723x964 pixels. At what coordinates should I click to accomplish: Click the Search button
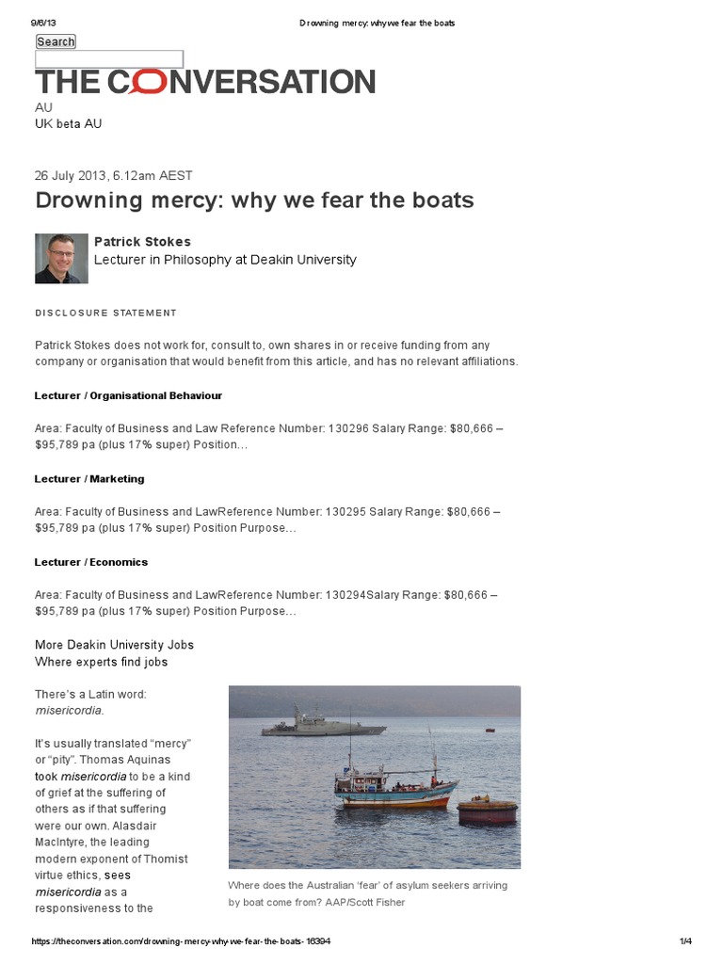(x=56, y=41)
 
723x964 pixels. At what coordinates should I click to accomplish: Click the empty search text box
(x=109, y=59)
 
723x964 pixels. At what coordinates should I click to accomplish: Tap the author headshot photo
(x=61, y=258)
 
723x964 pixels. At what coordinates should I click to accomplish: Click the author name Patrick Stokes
(x=142, y=242)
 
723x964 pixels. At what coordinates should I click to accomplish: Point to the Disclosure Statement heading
(x=105, y=313)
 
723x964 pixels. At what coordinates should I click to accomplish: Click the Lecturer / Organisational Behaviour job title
(x=128, y=395)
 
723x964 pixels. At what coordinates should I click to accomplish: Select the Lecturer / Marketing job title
(x=89, y=478)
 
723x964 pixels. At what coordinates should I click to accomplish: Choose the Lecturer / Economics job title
(x=91, y=562)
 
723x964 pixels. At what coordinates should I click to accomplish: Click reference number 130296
(x=347, y=428)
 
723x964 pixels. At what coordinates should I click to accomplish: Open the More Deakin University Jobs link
(x=114, y=645)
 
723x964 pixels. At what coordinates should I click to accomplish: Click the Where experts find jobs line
(x=102, y=662)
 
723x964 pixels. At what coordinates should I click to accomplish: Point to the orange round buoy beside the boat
(x=487, y=811)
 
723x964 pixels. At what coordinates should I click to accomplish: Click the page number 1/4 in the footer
(x=685, y=941)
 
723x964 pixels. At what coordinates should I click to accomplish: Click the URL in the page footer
(x=181, y=941)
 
